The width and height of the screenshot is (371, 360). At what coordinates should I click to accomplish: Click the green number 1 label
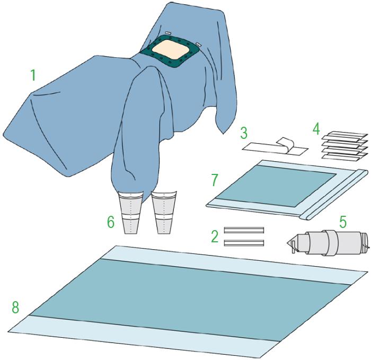coord(33,75)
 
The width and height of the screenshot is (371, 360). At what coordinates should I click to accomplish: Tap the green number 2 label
coord(215,236)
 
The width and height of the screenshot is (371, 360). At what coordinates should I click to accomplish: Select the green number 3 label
coord(244,133)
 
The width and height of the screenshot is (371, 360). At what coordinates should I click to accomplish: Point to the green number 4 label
coord(316,129)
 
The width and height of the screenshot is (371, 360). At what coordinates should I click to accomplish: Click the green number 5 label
coord(343,222)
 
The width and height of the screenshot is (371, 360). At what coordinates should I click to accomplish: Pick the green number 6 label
coord(110,222)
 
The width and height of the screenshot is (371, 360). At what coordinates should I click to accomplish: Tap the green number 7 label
coord(214,180)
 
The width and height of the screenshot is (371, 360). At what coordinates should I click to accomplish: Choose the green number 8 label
coord(15,308)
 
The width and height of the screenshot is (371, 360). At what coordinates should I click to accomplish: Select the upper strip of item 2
coord(244,230)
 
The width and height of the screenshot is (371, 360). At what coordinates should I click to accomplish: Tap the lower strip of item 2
coord(244,243)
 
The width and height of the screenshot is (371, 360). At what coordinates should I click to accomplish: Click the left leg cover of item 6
coord(131,213)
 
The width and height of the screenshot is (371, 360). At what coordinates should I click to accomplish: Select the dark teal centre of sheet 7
coord(276,186)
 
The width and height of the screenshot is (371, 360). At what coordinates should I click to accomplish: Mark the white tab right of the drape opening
coord(199,44)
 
